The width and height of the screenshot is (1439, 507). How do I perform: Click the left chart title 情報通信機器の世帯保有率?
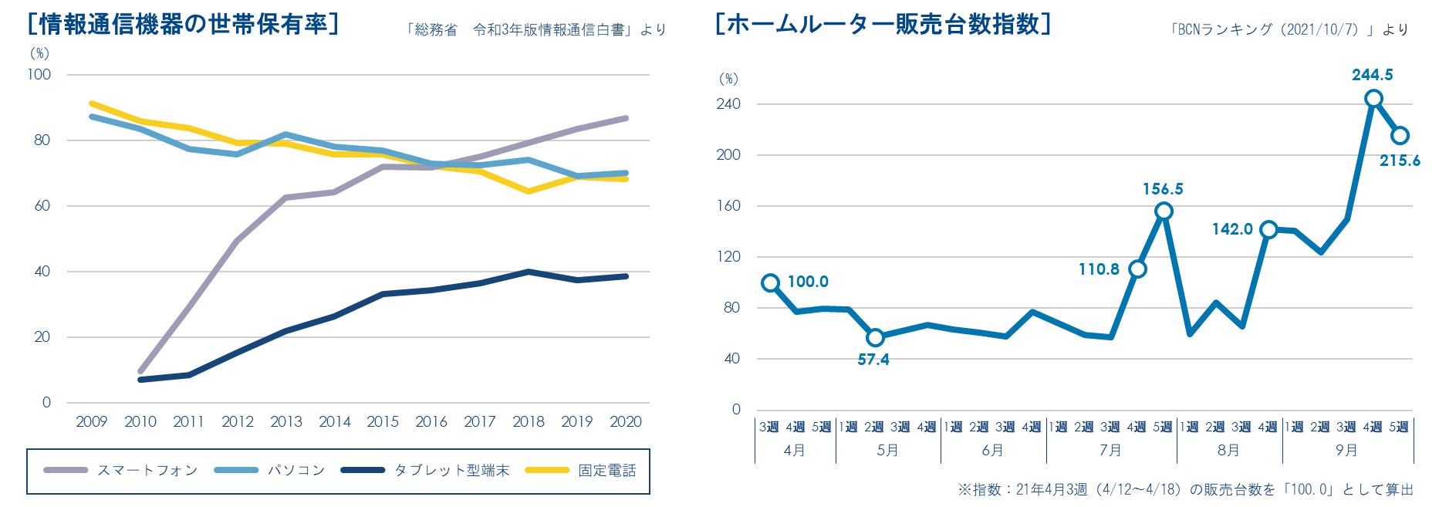click(x=183, y=25)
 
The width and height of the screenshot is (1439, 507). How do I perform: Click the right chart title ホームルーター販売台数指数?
click(x=883, y=25)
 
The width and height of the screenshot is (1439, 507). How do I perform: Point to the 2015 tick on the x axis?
click(x=383, y=422)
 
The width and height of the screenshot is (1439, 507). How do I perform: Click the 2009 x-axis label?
click(x=92, y=422)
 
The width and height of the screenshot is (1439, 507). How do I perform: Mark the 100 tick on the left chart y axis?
click(x=39, y=75)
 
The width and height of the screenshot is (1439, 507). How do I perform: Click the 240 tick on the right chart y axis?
click(x=728, y=104)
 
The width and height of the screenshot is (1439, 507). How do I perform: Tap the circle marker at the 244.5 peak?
click(x=1373, y=99)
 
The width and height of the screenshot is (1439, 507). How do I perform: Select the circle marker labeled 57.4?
click(x=875, y=337)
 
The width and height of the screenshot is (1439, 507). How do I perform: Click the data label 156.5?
click(x=1163, y=189)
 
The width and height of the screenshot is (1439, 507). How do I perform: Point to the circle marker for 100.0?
click(x=770, y=283)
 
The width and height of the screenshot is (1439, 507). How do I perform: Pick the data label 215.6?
click(x=1400, y=161)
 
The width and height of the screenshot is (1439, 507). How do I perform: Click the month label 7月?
click(x=1110, y=451)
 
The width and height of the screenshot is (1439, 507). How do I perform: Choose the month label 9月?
click(x=1346, y=451)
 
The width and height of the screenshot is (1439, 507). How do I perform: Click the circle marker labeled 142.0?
click(x=1268, y=230)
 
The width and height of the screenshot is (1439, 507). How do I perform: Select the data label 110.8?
click(x=1099, y=269)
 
